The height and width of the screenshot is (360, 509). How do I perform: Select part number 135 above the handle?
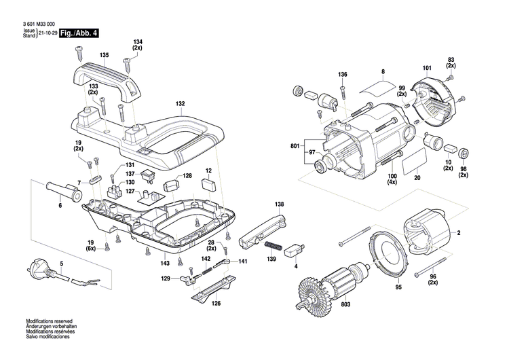(104, 55)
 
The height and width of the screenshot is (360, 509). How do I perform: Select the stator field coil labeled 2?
(430, 234)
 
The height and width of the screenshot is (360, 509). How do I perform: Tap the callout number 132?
(180, 104)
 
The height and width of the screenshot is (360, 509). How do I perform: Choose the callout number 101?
(427, 68)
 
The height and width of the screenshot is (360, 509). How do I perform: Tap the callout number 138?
(279, 204)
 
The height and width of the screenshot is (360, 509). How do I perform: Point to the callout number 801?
(293, 145)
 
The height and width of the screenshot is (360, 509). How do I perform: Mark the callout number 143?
(165, 263)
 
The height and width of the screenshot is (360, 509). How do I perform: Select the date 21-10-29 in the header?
(47, 33)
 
